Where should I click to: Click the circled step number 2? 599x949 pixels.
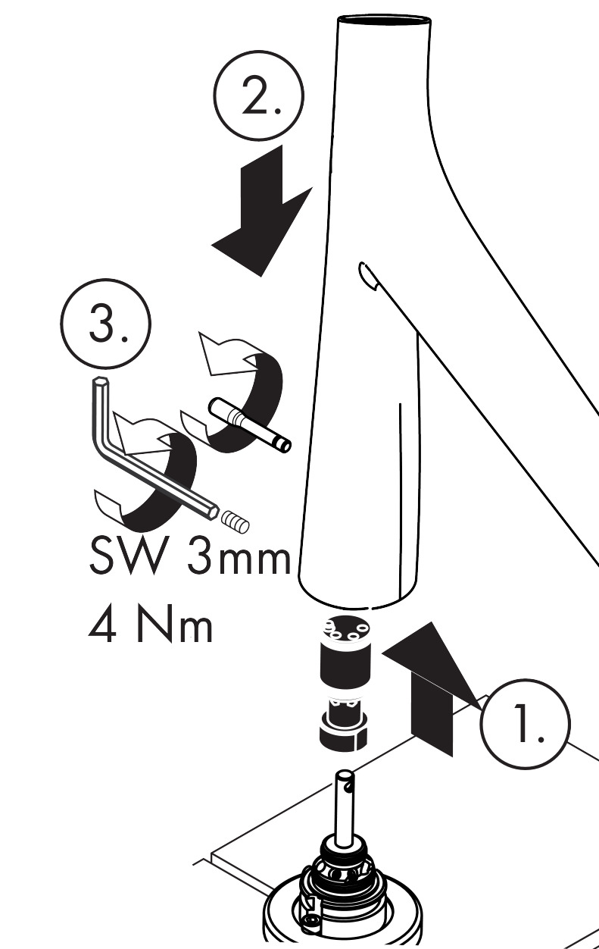pyautogui.click(x=259, y=96)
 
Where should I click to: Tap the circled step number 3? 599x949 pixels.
pyautogui.click(x=106, y=324)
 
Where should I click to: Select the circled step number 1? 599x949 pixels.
pyautogui.click(x=525, y=724)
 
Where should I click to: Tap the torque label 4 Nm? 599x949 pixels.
pyautogui.click(x=150, y=626)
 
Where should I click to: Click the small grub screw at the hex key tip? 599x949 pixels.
pyautogui.click(x=236, y=521)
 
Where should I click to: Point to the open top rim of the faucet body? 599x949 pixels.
pyautogui.click(x=385, y=20)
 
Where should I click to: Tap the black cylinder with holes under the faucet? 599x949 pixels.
pyautogui.click(x=345, y=653)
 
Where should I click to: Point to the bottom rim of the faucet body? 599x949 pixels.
pyautogui.click(x=357, y=598)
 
